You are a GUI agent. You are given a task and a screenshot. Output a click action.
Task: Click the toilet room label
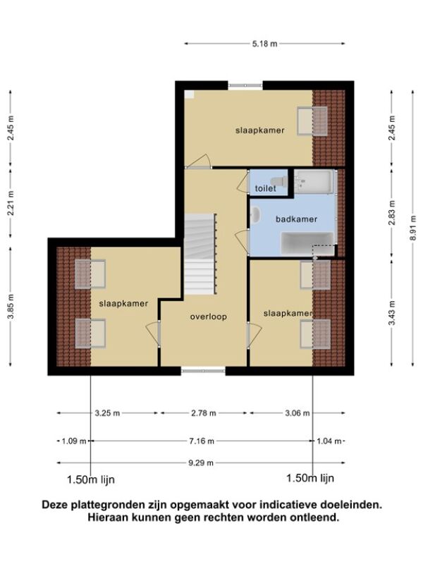click(266, 188)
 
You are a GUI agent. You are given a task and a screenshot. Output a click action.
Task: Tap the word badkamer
click(296, 219)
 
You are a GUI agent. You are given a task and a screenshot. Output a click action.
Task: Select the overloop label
click(208, 317)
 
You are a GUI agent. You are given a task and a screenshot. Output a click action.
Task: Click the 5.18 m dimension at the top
click(265, 44)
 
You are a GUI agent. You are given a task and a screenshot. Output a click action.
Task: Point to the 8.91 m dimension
click(413, 228)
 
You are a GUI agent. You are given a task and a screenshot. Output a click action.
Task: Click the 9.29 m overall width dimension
click(201, 462)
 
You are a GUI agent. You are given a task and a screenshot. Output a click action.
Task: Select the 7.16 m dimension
click(202, 441)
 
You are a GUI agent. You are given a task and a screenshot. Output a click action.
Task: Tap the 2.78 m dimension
click(204, 413)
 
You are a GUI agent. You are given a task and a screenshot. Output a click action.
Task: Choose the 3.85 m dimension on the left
click(11, 307)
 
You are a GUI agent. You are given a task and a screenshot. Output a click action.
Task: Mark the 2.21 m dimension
click(11, 203)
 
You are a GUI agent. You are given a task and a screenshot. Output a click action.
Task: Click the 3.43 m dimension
click(392, 312)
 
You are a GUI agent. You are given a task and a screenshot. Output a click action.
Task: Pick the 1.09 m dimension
click(74, 441)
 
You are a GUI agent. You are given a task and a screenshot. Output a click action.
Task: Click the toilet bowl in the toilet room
click(278, 181)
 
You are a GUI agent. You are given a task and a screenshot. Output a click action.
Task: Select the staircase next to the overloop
click(200, 255)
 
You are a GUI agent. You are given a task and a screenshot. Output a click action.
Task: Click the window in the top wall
click(245, 85)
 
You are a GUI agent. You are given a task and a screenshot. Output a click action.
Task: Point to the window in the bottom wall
click(203, 371)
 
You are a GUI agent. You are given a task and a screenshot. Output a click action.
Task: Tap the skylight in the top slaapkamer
click(312, 121)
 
